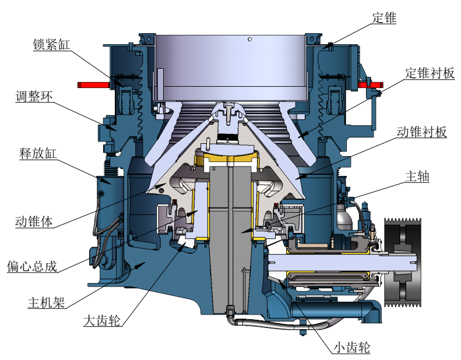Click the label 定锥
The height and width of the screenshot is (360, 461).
pos(384,18)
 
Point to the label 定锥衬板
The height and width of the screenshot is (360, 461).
pos(430,73)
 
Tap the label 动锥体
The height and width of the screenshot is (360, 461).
pos(34,221)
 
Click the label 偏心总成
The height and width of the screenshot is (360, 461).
pos(33,266)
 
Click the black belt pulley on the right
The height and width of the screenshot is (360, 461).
pos(402,262)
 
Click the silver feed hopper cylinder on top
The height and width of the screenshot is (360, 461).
pos(231,64)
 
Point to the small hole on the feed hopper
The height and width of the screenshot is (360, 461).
pos(249,40)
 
